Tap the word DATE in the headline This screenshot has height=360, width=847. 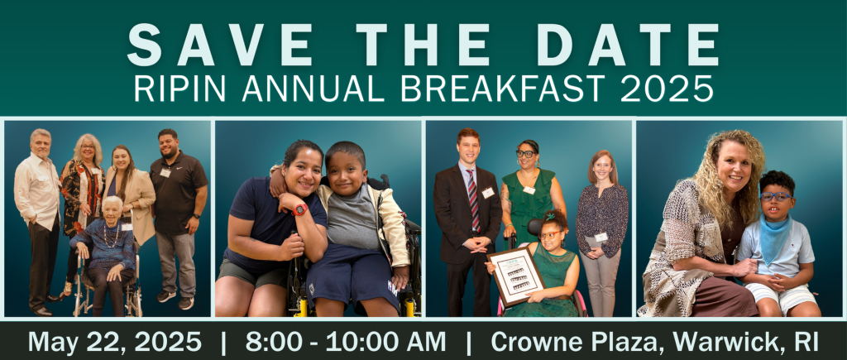[628, 45]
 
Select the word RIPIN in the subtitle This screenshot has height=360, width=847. [179, 88]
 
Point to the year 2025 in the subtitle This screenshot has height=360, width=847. [667, 88]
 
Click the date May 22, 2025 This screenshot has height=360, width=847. [114, 343]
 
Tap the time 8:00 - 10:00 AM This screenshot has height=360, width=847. [346, 342]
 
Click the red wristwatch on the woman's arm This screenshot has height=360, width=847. [299, 209]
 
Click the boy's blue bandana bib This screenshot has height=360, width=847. [774, 238]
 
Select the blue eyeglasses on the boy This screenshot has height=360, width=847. [776, 196]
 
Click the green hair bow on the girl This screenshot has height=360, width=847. [550, 217]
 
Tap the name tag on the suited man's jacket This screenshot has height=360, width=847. [488, 192]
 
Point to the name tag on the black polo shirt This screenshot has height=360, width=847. [165, 172]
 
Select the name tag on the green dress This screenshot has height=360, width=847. [529, 190]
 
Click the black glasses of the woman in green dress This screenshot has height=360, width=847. [524, 153]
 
